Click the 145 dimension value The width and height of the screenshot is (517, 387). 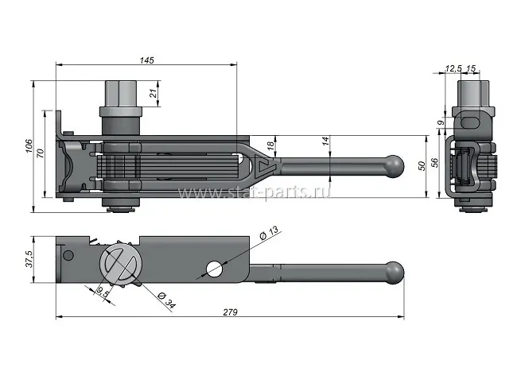(x=146, y=60)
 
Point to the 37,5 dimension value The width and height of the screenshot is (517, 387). (x=29, y=259)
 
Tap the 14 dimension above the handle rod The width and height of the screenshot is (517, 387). (x=325, y=141)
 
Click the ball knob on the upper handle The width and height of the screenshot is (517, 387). (x=393, y=165)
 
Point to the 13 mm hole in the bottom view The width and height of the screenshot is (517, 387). (x=214, y=268)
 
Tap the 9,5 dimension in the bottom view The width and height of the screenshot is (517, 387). (x=102, y=292)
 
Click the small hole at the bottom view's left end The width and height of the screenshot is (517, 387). (x=68, y=255)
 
